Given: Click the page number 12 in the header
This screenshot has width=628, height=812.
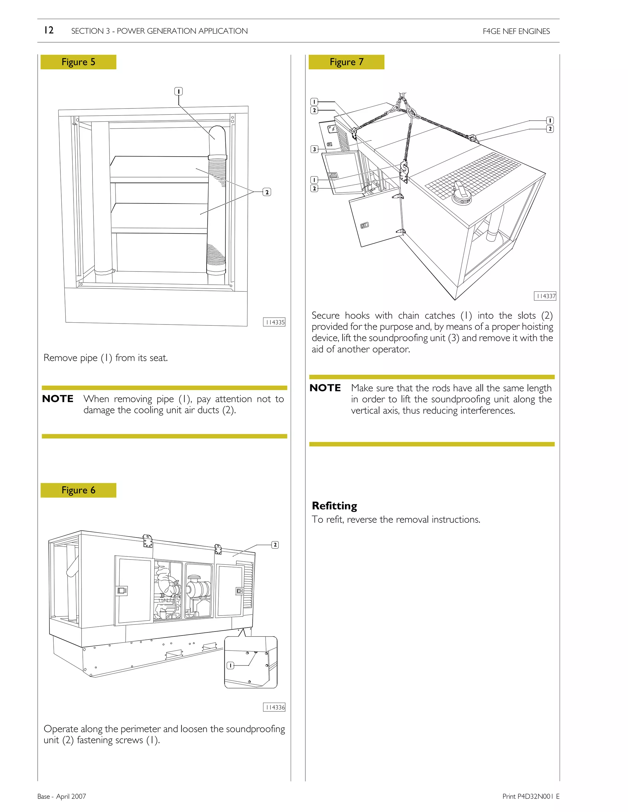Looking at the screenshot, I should click(x=49, y=30).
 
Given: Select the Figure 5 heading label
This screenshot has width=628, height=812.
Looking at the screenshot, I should click(x=78, y=62).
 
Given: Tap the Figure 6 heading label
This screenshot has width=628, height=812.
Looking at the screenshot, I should click(x=78, y=490).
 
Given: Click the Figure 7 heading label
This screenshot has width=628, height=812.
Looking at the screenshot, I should click(x=347, y=62).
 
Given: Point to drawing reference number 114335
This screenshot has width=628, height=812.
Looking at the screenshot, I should click(x=274, y=322).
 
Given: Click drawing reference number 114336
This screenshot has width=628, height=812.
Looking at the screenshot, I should click(x=274, y=707).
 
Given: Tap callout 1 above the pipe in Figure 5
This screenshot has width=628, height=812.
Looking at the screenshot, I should click(x=178, y=91).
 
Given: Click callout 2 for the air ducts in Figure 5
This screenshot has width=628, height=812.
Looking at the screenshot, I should click(x=267, y=192).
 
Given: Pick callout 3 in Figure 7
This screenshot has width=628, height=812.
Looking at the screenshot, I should click(x=314, y=149).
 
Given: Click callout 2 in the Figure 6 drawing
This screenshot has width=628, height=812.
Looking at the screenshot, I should click(x=275, y=545).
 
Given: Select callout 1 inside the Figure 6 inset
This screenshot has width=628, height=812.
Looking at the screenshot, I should click(x=230, y=665).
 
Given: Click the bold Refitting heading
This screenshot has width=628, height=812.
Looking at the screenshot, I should click(x=334, y=506).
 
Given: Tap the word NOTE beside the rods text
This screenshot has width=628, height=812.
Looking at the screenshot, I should click(x=325, y=388).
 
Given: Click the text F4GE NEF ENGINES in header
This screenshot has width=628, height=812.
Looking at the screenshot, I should click(x=516, y=31).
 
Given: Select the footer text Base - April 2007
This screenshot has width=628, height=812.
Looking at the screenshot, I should click(x=61, y=796).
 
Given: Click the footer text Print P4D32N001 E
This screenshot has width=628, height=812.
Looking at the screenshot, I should click(x=531, y=796).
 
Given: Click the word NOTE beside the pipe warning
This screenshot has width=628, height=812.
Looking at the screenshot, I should click(x=58, y=399).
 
